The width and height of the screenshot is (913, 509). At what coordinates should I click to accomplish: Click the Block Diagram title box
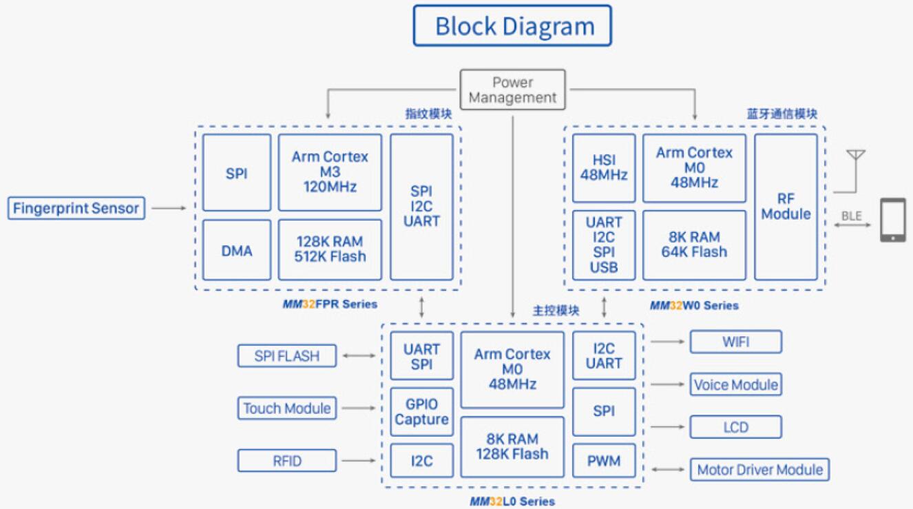[512, 26]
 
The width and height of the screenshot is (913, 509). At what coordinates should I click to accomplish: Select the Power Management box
[512, 90]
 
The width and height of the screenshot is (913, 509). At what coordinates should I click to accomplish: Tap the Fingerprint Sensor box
[76, 208]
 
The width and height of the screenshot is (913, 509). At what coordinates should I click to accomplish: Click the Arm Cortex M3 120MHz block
[329, 172]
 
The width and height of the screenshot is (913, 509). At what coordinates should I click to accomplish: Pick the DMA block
[236, 250]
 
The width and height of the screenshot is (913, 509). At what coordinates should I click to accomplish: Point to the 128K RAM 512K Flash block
[329, 249]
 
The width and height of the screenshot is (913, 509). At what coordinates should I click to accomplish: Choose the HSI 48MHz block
[603, 167]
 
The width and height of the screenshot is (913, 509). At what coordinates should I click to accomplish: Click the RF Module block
[786, 207]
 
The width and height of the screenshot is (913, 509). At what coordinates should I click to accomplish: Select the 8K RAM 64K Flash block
[693, 245]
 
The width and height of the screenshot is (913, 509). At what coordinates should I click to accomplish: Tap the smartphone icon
[893, 220]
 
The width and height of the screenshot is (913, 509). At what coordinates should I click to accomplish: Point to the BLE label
[852, 216]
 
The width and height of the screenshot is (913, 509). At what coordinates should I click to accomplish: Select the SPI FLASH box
[287, 356]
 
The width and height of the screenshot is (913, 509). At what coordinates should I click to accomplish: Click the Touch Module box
[286, 408]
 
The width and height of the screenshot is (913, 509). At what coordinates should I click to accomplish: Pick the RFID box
[286, 460]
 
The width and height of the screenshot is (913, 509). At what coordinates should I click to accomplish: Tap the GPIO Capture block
[421, 412]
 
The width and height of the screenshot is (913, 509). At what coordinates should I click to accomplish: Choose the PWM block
[604, 461]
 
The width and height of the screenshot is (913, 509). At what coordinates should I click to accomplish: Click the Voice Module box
[735, 384]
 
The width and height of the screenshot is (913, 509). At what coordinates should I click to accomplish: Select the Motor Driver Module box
[759, 470]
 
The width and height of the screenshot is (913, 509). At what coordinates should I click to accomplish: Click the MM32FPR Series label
[330, 304]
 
